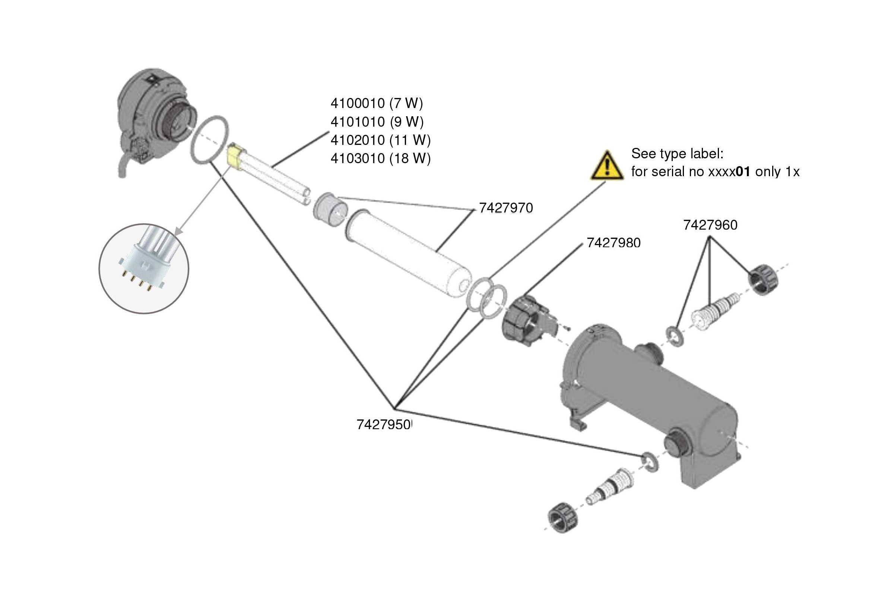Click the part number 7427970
(505, 208)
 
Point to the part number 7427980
(614, 242)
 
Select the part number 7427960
(710, 225)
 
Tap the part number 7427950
(383, 425)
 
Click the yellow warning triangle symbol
(607, 166)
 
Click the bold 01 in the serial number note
(743, 172)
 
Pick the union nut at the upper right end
(763, 280)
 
